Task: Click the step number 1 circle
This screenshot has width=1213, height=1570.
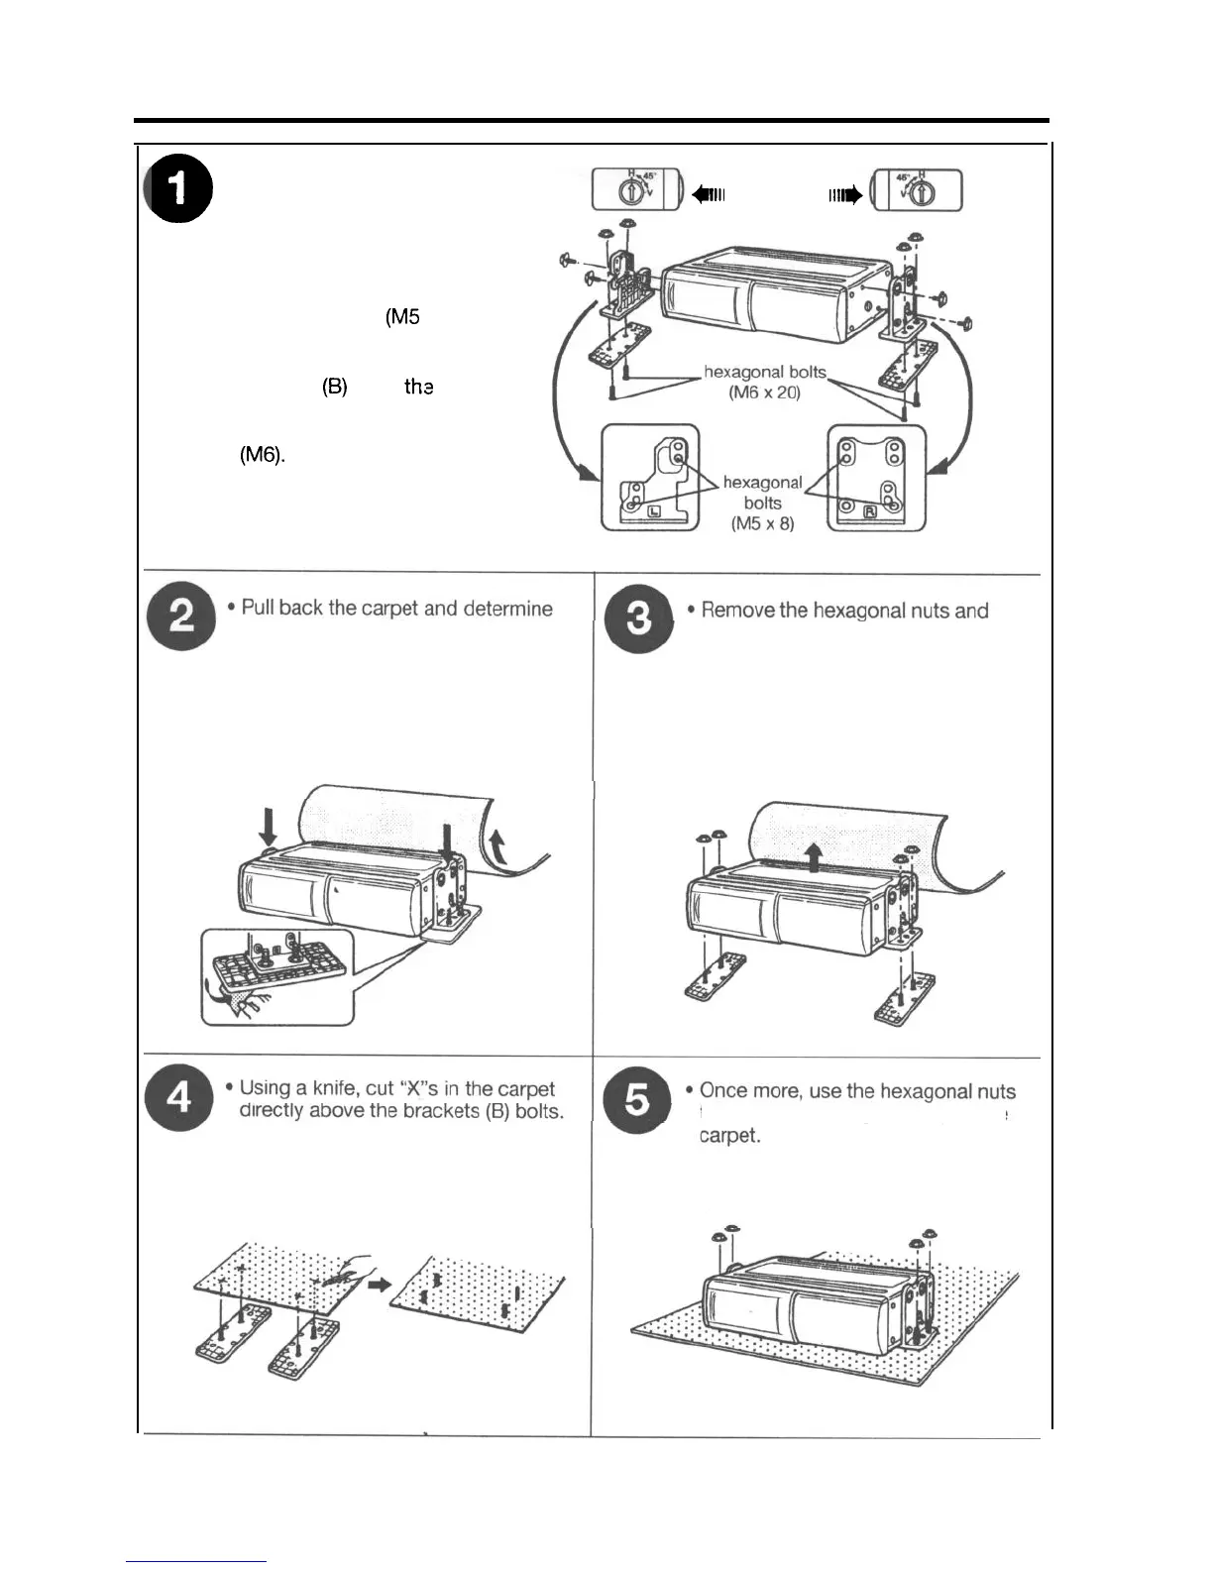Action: tap(178, 190)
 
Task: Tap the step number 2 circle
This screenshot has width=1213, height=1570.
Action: tap(180, 617)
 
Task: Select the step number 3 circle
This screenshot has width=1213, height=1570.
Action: tap(639, 617)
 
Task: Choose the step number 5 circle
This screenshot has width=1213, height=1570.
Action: tap(637, 1100)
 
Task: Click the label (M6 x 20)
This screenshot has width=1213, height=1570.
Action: tap(764, 392)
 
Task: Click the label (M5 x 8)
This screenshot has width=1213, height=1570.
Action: tap(762, 523)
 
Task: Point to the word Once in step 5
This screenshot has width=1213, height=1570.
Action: tap(723, 1090)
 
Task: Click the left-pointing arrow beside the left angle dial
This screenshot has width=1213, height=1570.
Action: tap(710, 194)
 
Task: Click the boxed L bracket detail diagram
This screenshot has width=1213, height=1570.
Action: tap(650, 478)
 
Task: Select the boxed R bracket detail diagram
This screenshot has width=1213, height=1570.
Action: tap(877, 478)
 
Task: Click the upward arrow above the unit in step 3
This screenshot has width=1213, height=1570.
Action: tap(814, 853)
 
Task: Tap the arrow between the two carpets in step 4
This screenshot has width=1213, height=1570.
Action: tap(378, 1284)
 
